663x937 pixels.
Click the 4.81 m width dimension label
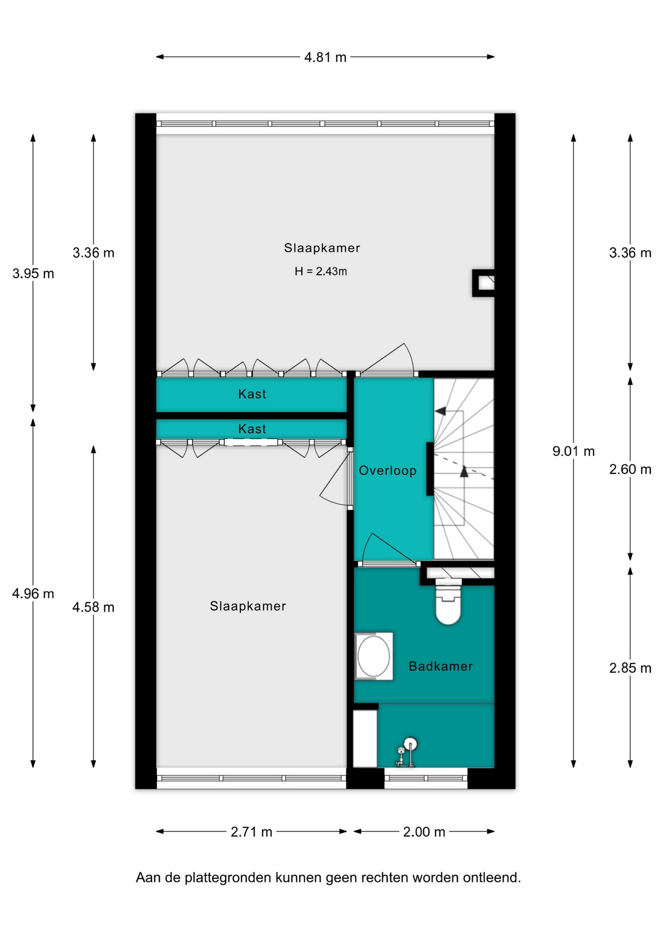point(325,57)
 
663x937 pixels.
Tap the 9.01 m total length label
point(573,451)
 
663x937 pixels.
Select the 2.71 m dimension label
point(251,832)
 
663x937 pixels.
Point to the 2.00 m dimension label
point(424,832)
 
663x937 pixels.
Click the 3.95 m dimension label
point(33,273)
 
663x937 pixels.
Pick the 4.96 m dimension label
point(33,593)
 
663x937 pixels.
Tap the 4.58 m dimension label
point(93,607)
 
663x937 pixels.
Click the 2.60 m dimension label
point(630,469)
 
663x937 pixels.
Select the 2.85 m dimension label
point(630,668)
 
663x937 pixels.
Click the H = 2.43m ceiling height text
point(321,271)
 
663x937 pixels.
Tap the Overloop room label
point(388,470)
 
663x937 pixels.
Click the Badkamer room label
point(440,666)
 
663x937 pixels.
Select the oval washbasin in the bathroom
point(373,656)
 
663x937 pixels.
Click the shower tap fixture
point(406,752)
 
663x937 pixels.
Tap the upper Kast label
point(252,394)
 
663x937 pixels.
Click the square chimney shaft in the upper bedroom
point(483,283)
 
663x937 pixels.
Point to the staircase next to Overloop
point(464,468)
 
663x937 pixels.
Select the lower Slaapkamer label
point(248,606)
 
